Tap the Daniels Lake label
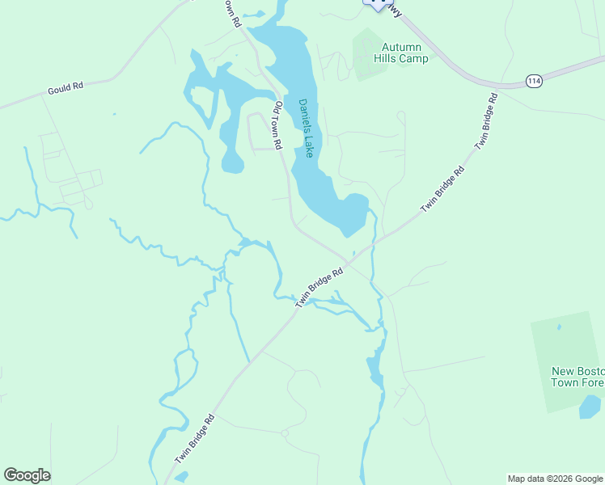coord(307,128)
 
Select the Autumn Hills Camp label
coord(401,53)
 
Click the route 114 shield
coord(533,81)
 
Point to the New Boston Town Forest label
coord(577,377)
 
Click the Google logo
coord(27,475)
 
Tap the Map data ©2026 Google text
coord(555,479)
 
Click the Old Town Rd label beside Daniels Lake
coord(277,125)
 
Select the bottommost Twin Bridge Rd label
coord(194,440)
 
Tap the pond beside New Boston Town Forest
coord(590,407)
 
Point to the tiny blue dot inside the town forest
coord(559,327)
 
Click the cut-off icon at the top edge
coord(375,4)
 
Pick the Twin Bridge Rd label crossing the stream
coord(319,287)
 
